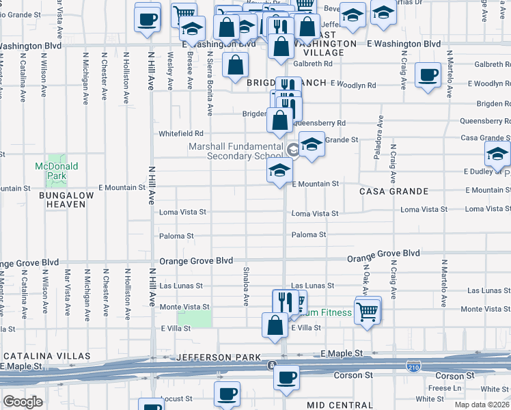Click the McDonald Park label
57,170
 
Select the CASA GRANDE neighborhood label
394,191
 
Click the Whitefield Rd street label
181,134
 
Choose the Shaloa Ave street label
246,286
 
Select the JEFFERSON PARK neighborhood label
218,357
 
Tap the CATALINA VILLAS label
47,357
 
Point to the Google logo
23,402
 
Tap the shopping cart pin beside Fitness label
368,311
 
